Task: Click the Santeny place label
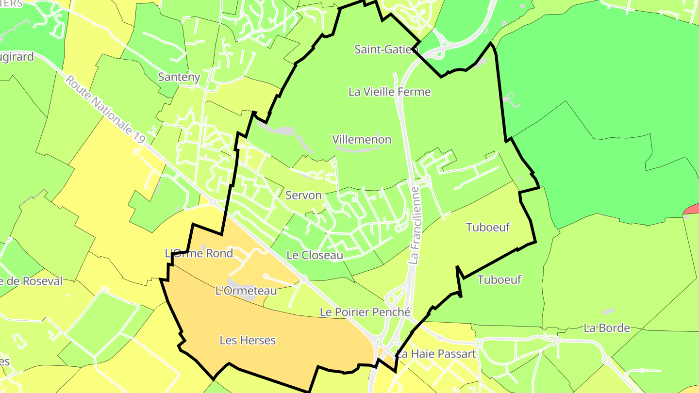tap(179, 77)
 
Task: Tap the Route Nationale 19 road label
tap(105, 109)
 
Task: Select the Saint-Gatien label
tap(386, 49)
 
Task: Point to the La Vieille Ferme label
tap(389, 91)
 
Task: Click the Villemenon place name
tap(362, 140)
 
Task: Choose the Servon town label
tap(303, 196)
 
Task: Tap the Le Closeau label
tap(315, 255)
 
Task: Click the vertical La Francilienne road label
tap(414, 225)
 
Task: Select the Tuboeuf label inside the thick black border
tap(487, 227)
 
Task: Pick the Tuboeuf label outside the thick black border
tap(499, 279)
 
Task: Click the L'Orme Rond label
tap(199, 253)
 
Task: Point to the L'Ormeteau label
tap(246, 291)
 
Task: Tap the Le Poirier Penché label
tap(365, 312)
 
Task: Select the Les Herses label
tap(248, 341)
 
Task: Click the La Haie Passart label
tap(436, 354)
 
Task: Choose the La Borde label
tap(607, 328)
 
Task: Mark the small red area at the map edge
tap(692, 209)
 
